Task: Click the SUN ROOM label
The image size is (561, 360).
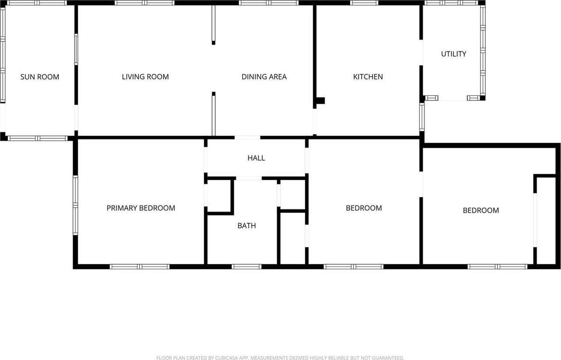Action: tap(39, 77)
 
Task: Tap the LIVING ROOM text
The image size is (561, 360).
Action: tap(145, 77)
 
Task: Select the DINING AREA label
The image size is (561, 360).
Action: tap(264, 77)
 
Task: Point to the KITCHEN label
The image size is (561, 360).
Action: tap(368, 77)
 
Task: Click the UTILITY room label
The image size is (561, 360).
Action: tap(453, 54)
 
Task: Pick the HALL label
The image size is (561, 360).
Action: tap(256, 158)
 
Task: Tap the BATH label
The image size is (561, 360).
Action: tap(246, 226)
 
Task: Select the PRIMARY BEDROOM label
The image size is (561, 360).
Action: tap(141, 208)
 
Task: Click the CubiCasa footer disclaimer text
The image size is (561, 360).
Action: tap(280, 358)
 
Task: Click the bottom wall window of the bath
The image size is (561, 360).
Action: tap(246, 266)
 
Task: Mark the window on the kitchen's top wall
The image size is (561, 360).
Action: tap(364, 3)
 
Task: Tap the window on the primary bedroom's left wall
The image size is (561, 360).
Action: tap(75, 205)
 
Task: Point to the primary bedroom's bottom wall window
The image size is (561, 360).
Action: tap(139, 266)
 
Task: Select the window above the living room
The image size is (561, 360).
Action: tap(145, 3)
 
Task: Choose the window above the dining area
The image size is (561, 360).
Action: tap(269, 3)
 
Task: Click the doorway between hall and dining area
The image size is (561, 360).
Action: tap(247, 138)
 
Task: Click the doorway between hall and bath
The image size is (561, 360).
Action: tap(249, 178)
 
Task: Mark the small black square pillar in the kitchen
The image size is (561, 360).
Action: tap(320, 101)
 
